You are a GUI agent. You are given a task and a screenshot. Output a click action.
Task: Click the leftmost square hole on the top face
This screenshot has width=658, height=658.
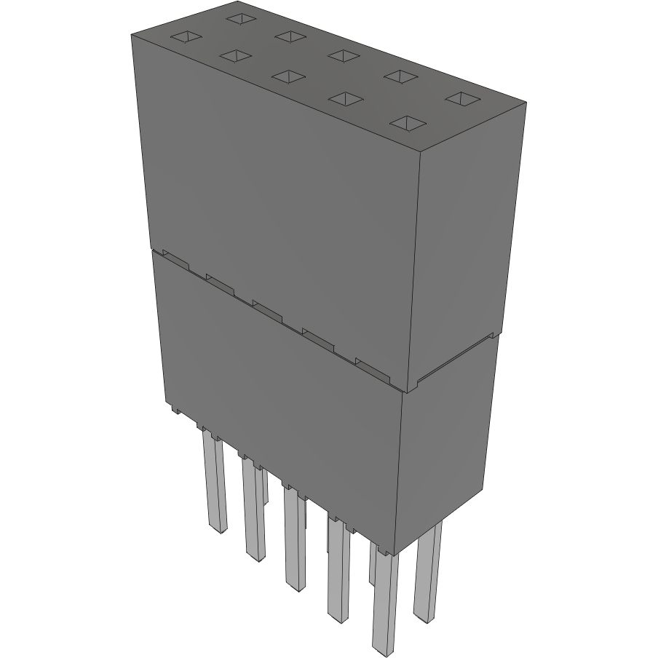[185, 36]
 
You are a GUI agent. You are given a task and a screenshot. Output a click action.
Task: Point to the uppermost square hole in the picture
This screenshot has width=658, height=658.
[239, 17]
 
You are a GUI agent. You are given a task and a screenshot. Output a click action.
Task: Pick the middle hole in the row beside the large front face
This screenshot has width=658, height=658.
[290, 76]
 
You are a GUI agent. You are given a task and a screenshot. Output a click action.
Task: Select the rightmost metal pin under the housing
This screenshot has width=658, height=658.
[427, 575]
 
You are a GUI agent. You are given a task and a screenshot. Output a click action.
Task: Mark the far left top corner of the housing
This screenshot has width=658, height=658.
[130, 34]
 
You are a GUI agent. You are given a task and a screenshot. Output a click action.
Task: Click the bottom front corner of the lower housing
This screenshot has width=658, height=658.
[395, 555]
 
